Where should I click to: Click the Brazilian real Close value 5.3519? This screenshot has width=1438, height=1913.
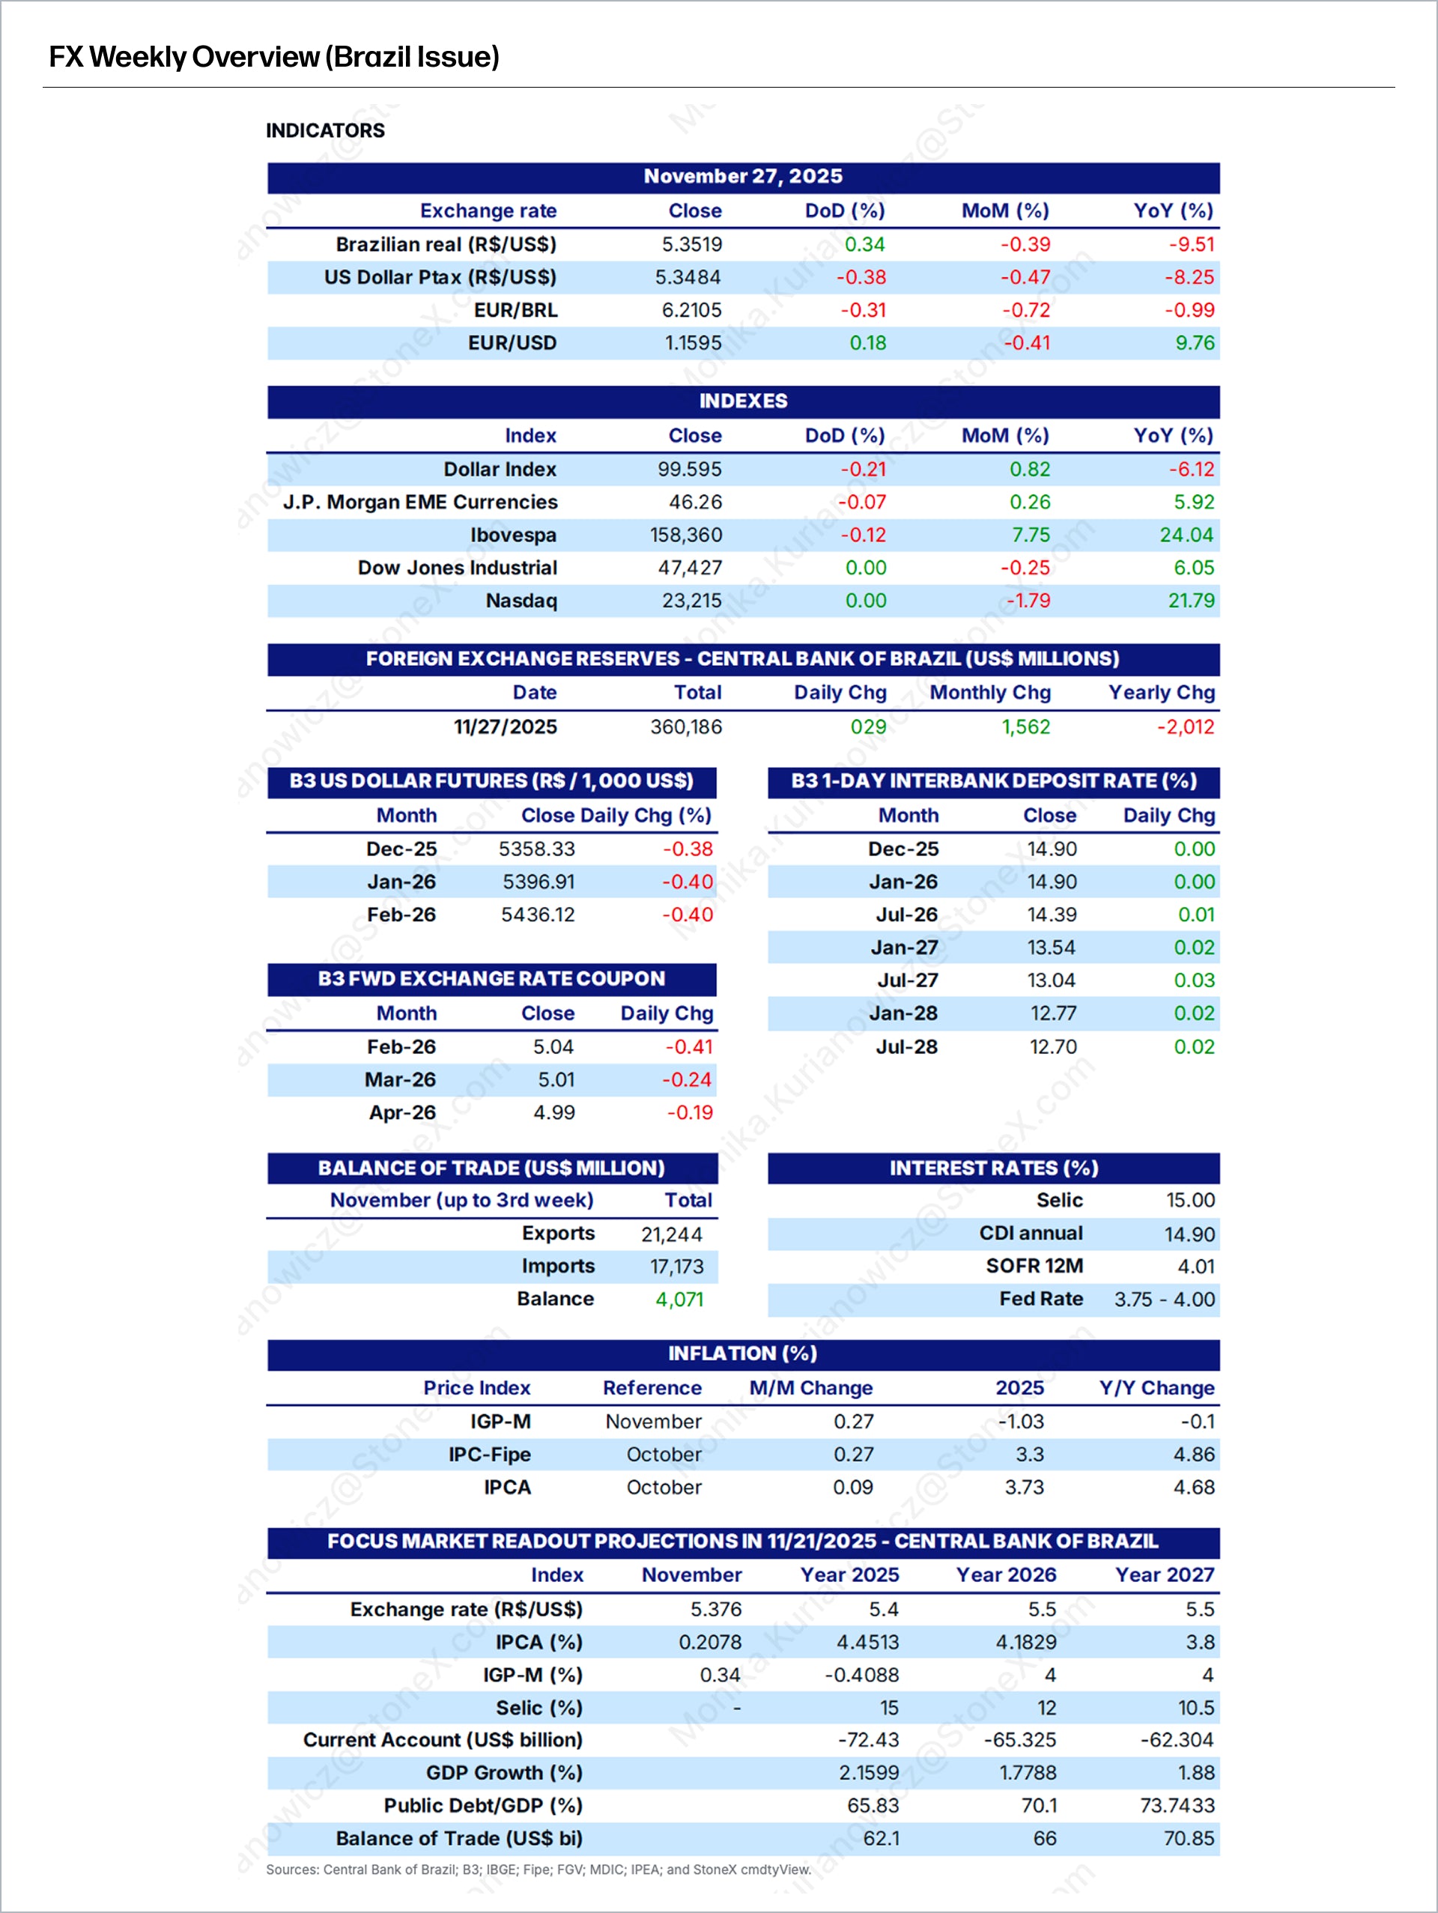coord(692,245)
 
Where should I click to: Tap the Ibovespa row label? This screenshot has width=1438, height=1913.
coord(513,536)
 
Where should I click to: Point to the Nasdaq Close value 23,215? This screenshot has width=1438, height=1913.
coord(692,601)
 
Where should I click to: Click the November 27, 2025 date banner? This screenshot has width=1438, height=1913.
coord(743,177)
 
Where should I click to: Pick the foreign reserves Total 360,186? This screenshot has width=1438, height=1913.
coord(686,727)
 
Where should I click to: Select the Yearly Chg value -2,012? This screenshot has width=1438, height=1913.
coord(1186,727)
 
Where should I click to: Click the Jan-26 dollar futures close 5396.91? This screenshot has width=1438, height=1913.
coord(538,882)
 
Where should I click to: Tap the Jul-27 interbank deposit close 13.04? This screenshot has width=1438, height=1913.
coord(1052,980)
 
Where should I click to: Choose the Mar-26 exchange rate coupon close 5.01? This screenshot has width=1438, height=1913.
coord(556,1080)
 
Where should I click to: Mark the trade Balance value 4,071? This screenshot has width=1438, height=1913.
coord(679,1300)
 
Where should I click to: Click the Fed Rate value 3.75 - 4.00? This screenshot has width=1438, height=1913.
coord(1164,1300)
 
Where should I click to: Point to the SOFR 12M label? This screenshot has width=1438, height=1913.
coord(1034,1267)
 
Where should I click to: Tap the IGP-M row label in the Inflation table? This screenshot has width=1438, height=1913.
coord(500,1422)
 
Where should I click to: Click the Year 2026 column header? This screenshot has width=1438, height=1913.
coord(1006,1575)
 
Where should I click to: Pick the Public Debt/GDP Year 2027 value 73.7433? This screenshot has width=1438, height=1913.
coord(1177,1806)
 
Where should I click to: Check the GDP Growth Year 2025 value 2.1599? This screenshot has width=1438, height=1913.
coord(868,1773)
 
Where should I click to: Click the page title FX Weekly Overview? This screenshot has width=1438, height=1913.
coord(274,57)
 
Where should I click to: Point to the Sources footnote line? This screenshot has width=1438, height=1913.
coord(538,1870)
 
